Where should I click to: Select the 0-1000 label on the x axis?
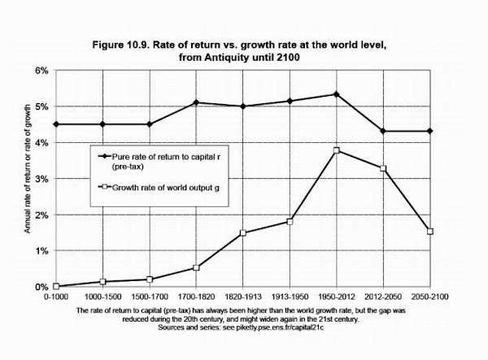coord(55,298)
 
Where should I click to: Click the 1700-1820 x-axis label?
coord(196,298)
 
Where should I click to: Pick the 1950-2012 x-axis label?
coord(336,298)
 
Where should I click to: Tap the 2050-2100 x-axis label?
coord(430,298)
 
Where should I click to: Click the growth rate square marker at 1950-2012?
coord(336,150)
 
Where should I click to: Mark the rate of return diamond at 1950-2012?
coord(336,94)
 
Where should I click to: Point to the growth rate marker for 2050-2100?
coord(430,232)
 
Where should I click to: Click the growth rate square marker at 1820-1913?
coord(242,233)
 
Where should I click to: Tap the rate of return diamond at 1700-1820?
coord(196,102)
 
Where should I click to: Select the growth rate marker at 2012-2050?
coord(383,168)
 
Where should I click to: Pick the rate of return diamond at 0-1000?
coord(55,124)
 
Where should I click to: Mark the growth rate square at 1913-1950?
coord(290,222)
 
